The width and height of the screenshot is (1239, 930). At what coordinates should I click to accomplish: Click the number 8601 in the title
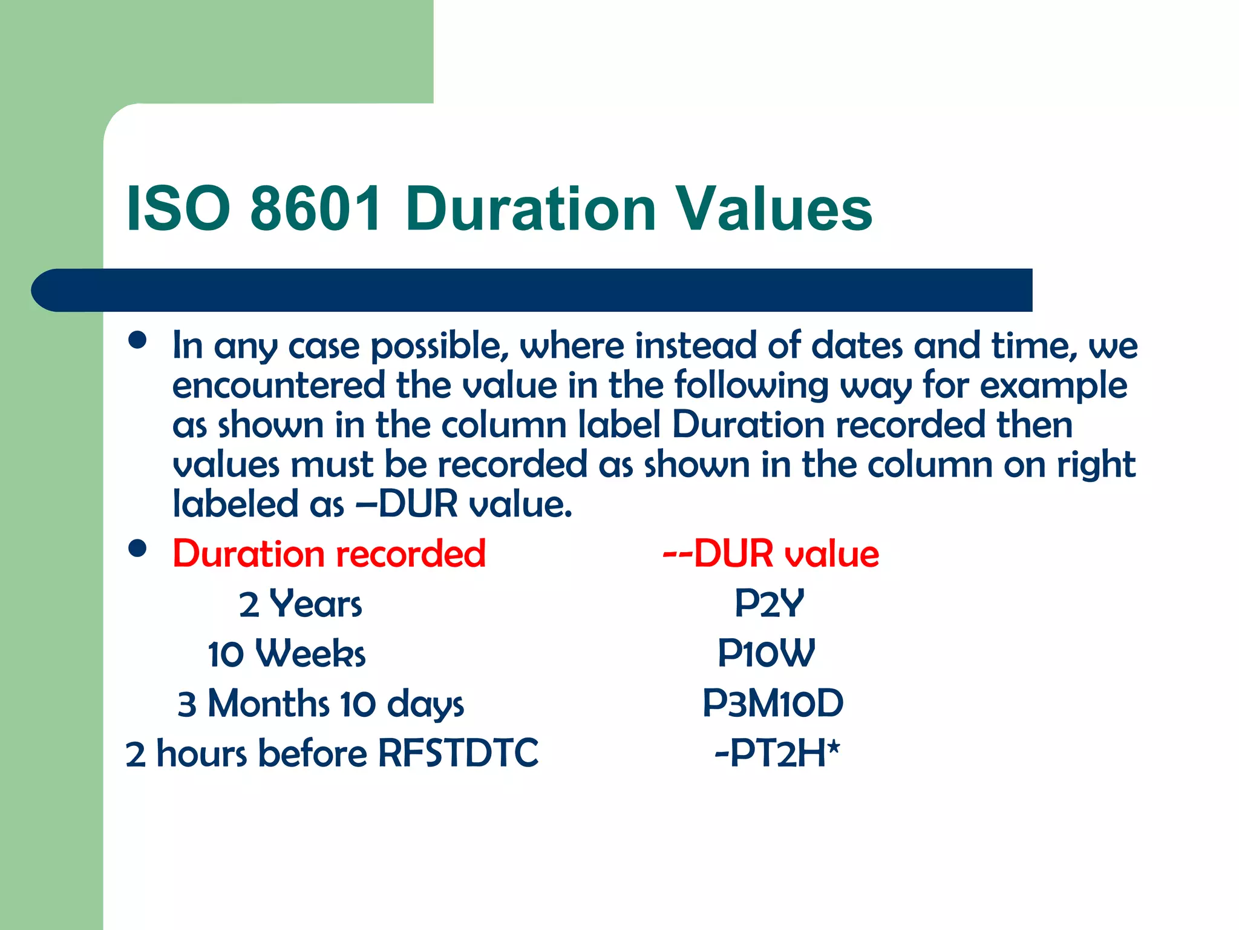pyautogui.click(x=316, y=209)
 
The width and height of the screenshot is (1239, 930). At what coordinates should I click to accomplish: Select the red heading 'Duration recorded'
pyautogui.click(x=329, y=553)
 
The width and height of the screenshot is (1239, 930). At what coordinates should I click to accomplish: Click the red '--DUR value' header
pyautogui.click(x=771, y=553)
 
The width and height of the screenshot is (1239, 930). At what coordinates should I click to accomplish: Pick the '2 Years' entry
pyautogui.click(x=301, y=604)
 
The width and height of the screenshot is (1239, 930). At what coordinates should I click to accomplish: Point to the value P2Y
pyautogui.click(x=769, y=604)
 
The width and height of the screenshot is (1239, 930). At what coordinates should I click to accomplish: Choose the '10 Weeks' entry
pyautogui.click(x=287, y=654)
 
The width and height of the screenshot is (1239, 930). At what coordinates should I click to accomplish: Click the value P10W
pyautogui.click(x=766, y=654)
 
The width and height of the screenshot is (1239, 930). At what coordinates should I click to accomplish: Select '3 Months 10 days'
pyautogui.click(x=321, y=704)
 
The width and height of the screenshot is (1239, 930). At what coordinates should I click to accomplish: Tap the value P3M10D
pyautogui.click(x=773, y=704)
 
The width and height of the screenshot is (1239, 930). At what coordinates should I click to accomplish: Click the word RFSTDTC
pyautogui.click(x=458, y=754)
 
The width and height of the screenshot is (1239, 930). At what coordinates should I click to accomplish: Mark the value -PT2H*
pyautogui.click(x=777, y=754)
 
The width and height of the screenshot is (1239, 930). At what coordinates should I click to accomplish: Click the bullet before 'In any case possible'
pyautogui.click(x=138, y=340)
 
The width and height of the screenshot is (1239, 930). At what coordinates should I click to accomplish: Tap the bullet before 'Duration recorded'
pyautogui.click(x=138, y=549)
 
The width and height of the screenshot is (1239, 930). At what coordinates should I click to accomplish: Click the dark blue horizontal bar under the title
pyautogui.click(x=532, y=290)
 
